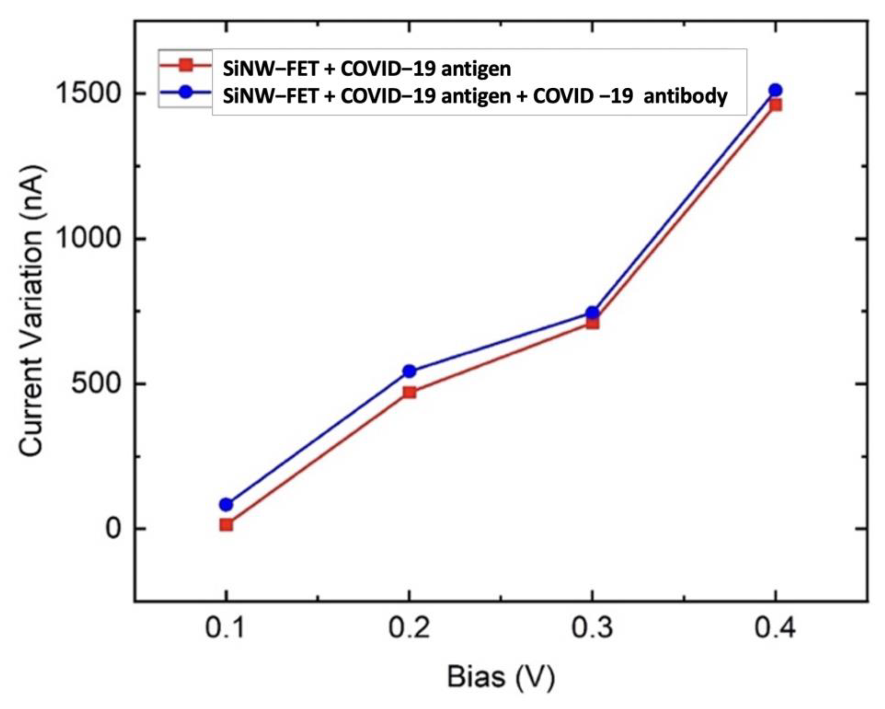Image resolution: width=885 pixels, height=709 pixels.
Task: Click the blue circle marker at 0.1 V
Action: (226, 504)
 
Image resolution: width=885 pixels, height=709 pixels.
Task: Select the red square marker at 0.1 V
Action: (226, 525)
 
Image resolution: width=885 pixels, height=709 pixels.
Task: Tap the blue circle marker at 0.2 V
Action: (409, 371)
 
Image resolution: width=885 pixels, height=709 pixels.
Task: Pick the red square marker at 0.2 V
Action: (409, 392)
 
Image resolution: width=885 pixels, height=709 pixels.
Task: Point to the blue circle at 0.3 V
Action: (592, 313)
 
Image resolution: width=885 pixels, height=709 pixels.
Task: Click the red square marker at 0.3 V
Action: (592, 323)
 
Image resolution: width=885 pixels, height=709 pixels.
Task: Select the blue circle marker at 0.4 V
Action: (775, 90)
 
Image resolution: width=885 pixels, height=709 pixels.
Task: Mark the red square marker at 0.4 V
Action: (775, 105)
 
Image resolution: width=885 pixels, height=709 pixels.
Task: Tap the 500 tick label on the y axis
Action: (97, 383)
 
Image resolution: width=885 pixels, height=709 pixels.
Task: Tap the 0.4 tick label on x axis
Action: (775, 628)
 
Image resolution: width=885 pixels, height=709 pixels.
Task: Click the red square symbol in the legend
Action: (186, 65)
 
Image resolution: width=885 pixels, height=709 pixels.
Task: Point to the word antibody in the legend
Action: (686, 96)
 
